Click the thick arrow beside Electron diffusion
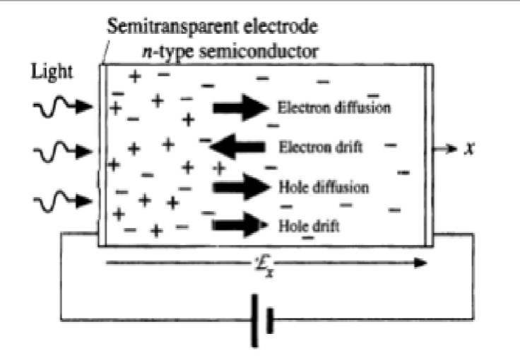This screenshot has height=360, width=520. click(x=240, y=107)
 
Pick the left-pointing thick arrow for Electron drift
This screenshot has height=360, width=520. click(x=237, y=147)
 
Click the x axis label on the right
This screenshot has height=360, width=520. click(x=468, y=149)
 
